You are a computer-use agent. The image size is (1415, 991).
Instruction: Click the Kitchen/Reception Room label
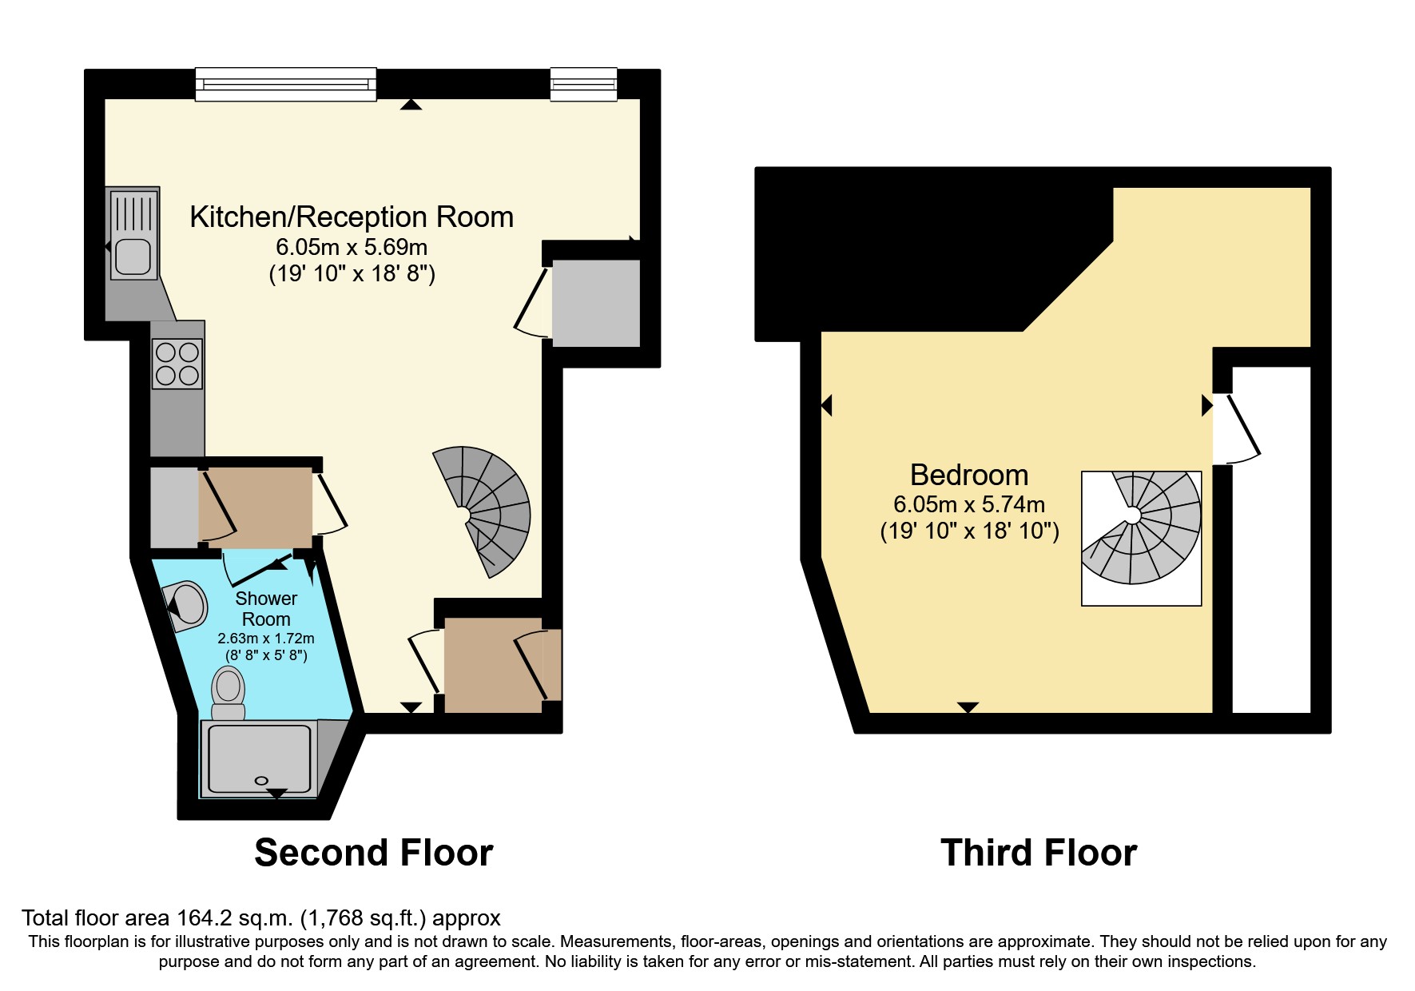(x=352, y=217)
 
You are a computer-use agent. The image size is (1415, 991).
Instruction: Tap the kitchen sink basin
(x=132, y=257)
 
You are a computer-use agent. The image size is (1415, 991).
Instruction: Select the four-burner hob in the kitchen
(x=177, y=364)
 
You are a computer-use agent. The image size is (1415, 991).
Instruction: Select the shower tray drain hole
(x=260, y=780)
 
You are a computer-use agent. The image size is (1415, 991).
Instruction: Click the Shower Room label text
(x=266, y=609)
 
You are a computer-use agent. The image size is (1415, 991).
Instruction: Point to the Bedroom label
(x=969, y=476)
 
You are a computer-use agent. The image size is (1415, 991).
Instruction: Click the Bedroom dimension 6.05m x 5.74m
(x=969, y=505)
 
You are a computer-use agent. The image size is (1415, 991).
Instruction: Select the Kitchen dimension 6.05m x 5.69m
(x=352, y=247)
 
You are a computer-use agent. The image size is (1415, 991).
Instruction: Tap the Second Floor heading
(x=373, y=853)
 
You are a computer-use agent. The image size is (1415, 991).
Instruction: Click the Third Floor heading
(x=1039, y=853)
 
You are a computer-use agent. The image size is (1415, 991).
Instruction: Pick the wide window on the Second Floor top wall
(x=285, y=84)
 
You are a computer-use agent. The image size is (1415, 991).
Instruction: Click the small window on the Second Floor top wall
(x=583, y=84)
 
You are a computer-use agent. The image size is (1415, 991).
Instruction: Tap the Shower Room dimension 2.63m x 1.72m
(x=266, y=639)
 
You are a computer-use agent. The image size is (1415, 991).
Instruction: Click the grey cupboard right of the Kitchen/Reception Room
(x=596, y=303)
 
